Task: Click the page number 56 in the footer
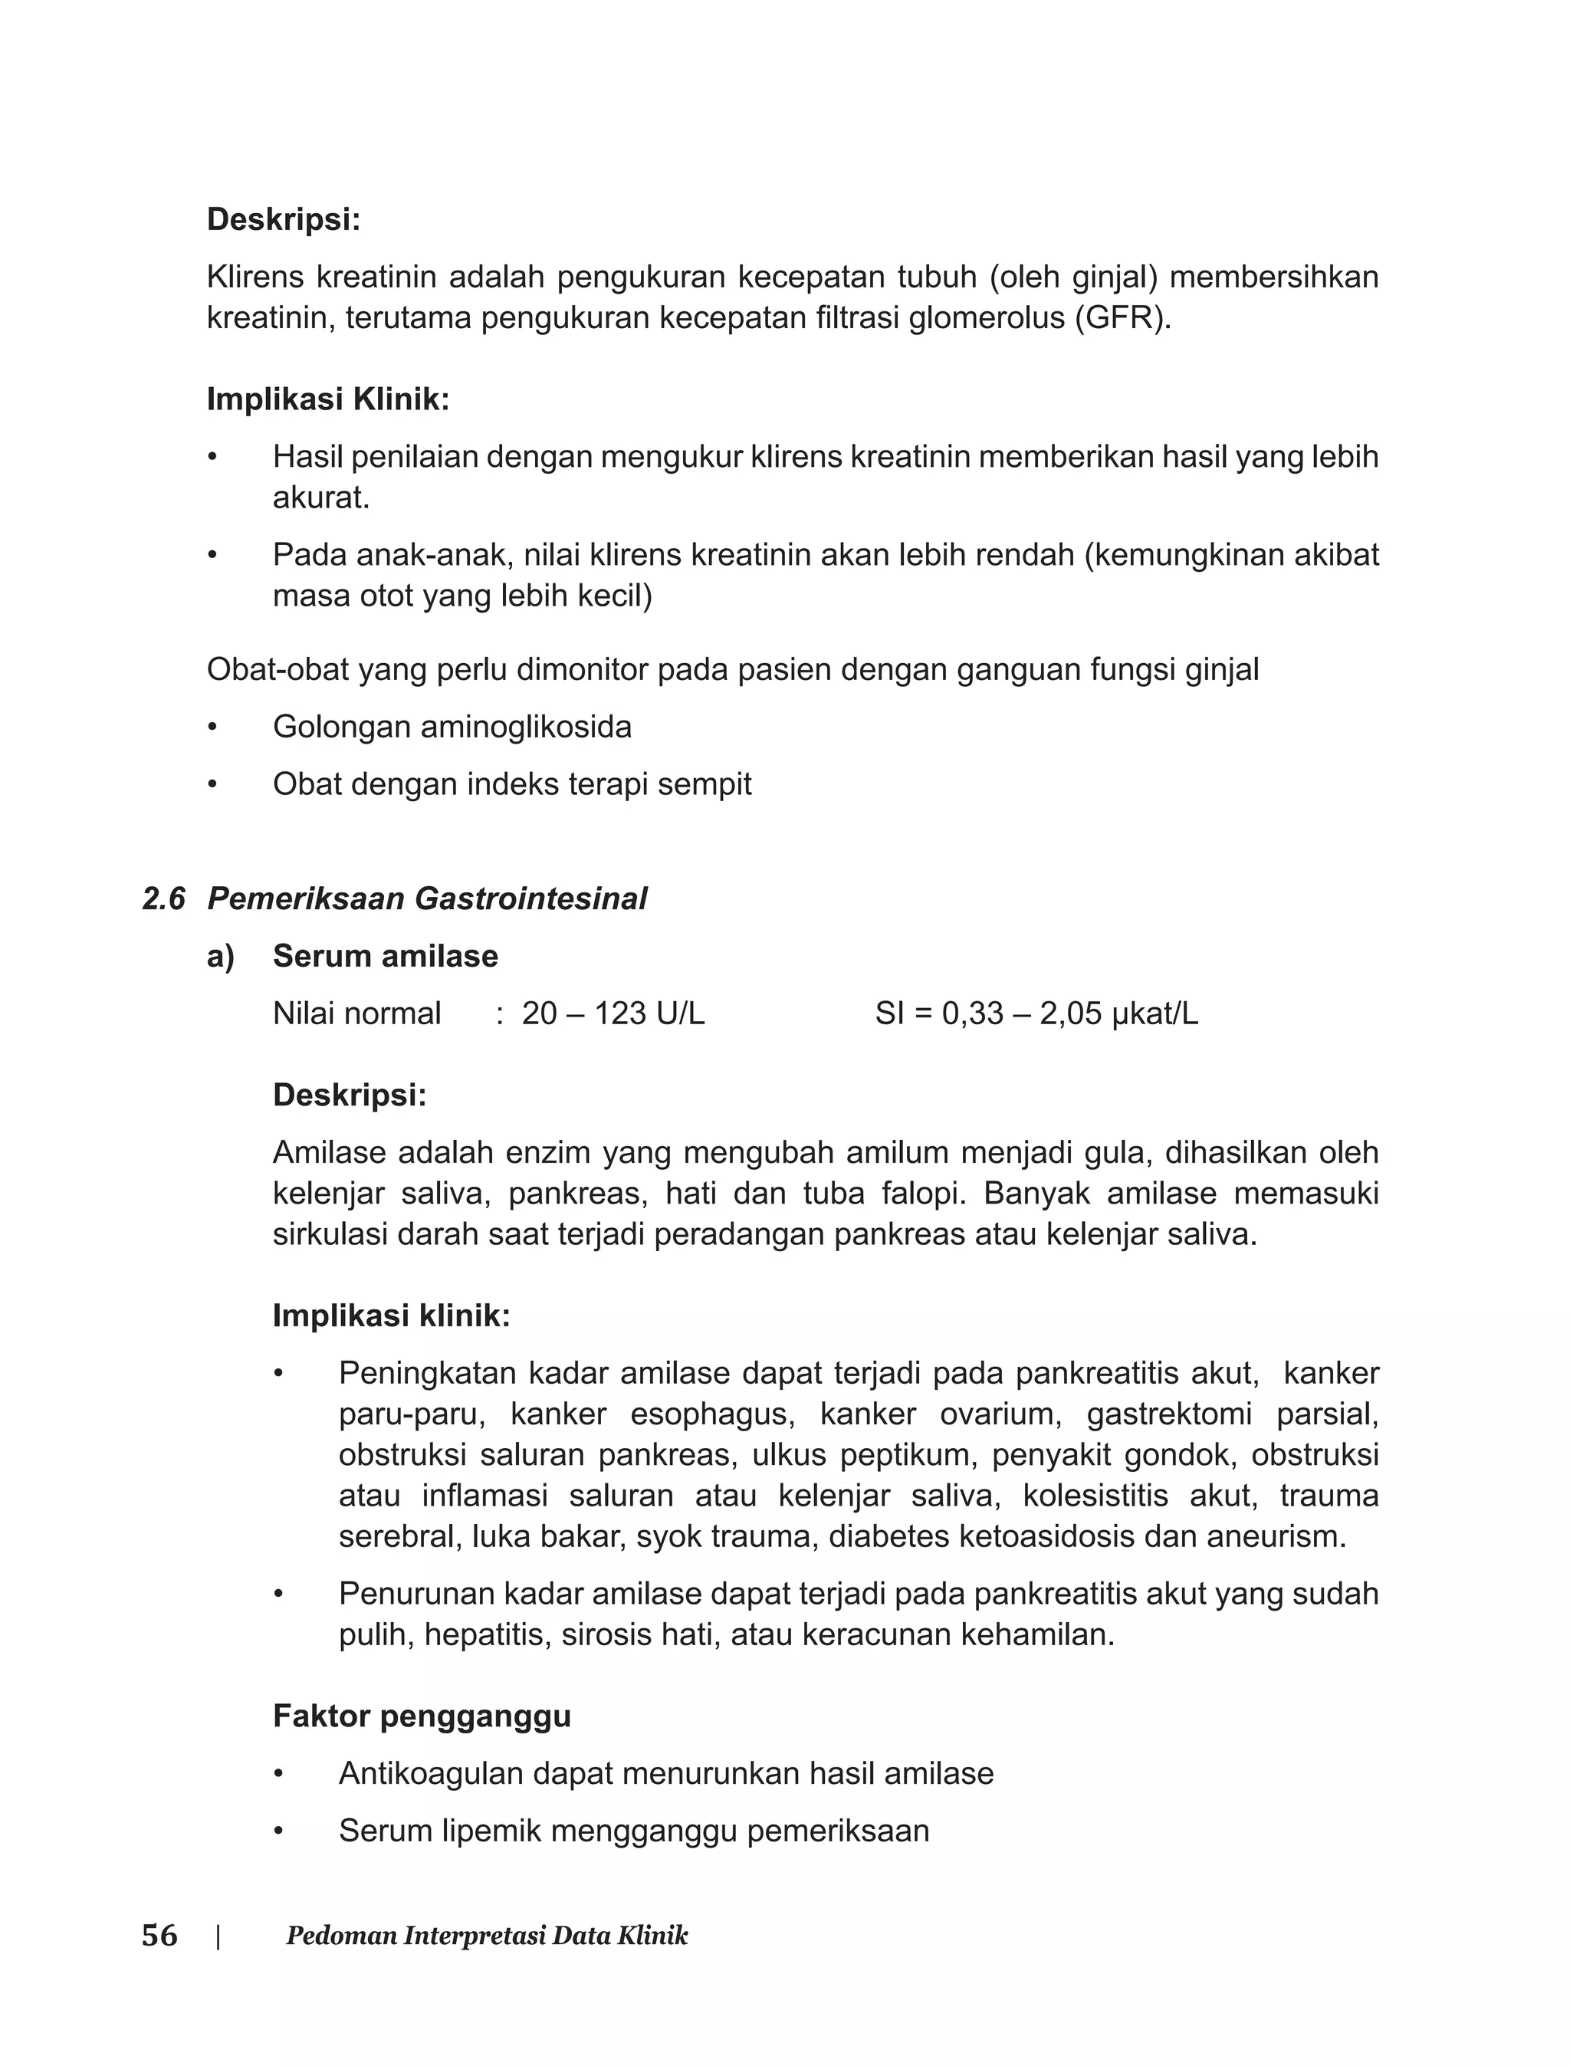coord(159,1935)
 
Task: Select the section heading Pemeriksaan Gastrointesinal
coord(427,899)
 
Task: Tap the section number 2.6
coord(163,899)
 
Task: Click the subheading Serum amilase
coord(385,956)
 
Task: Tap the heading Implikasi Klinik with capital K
coord(328,400)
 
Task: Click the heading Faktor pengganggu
coord(422,1716)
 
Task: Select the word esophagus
coord(712,1414)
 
